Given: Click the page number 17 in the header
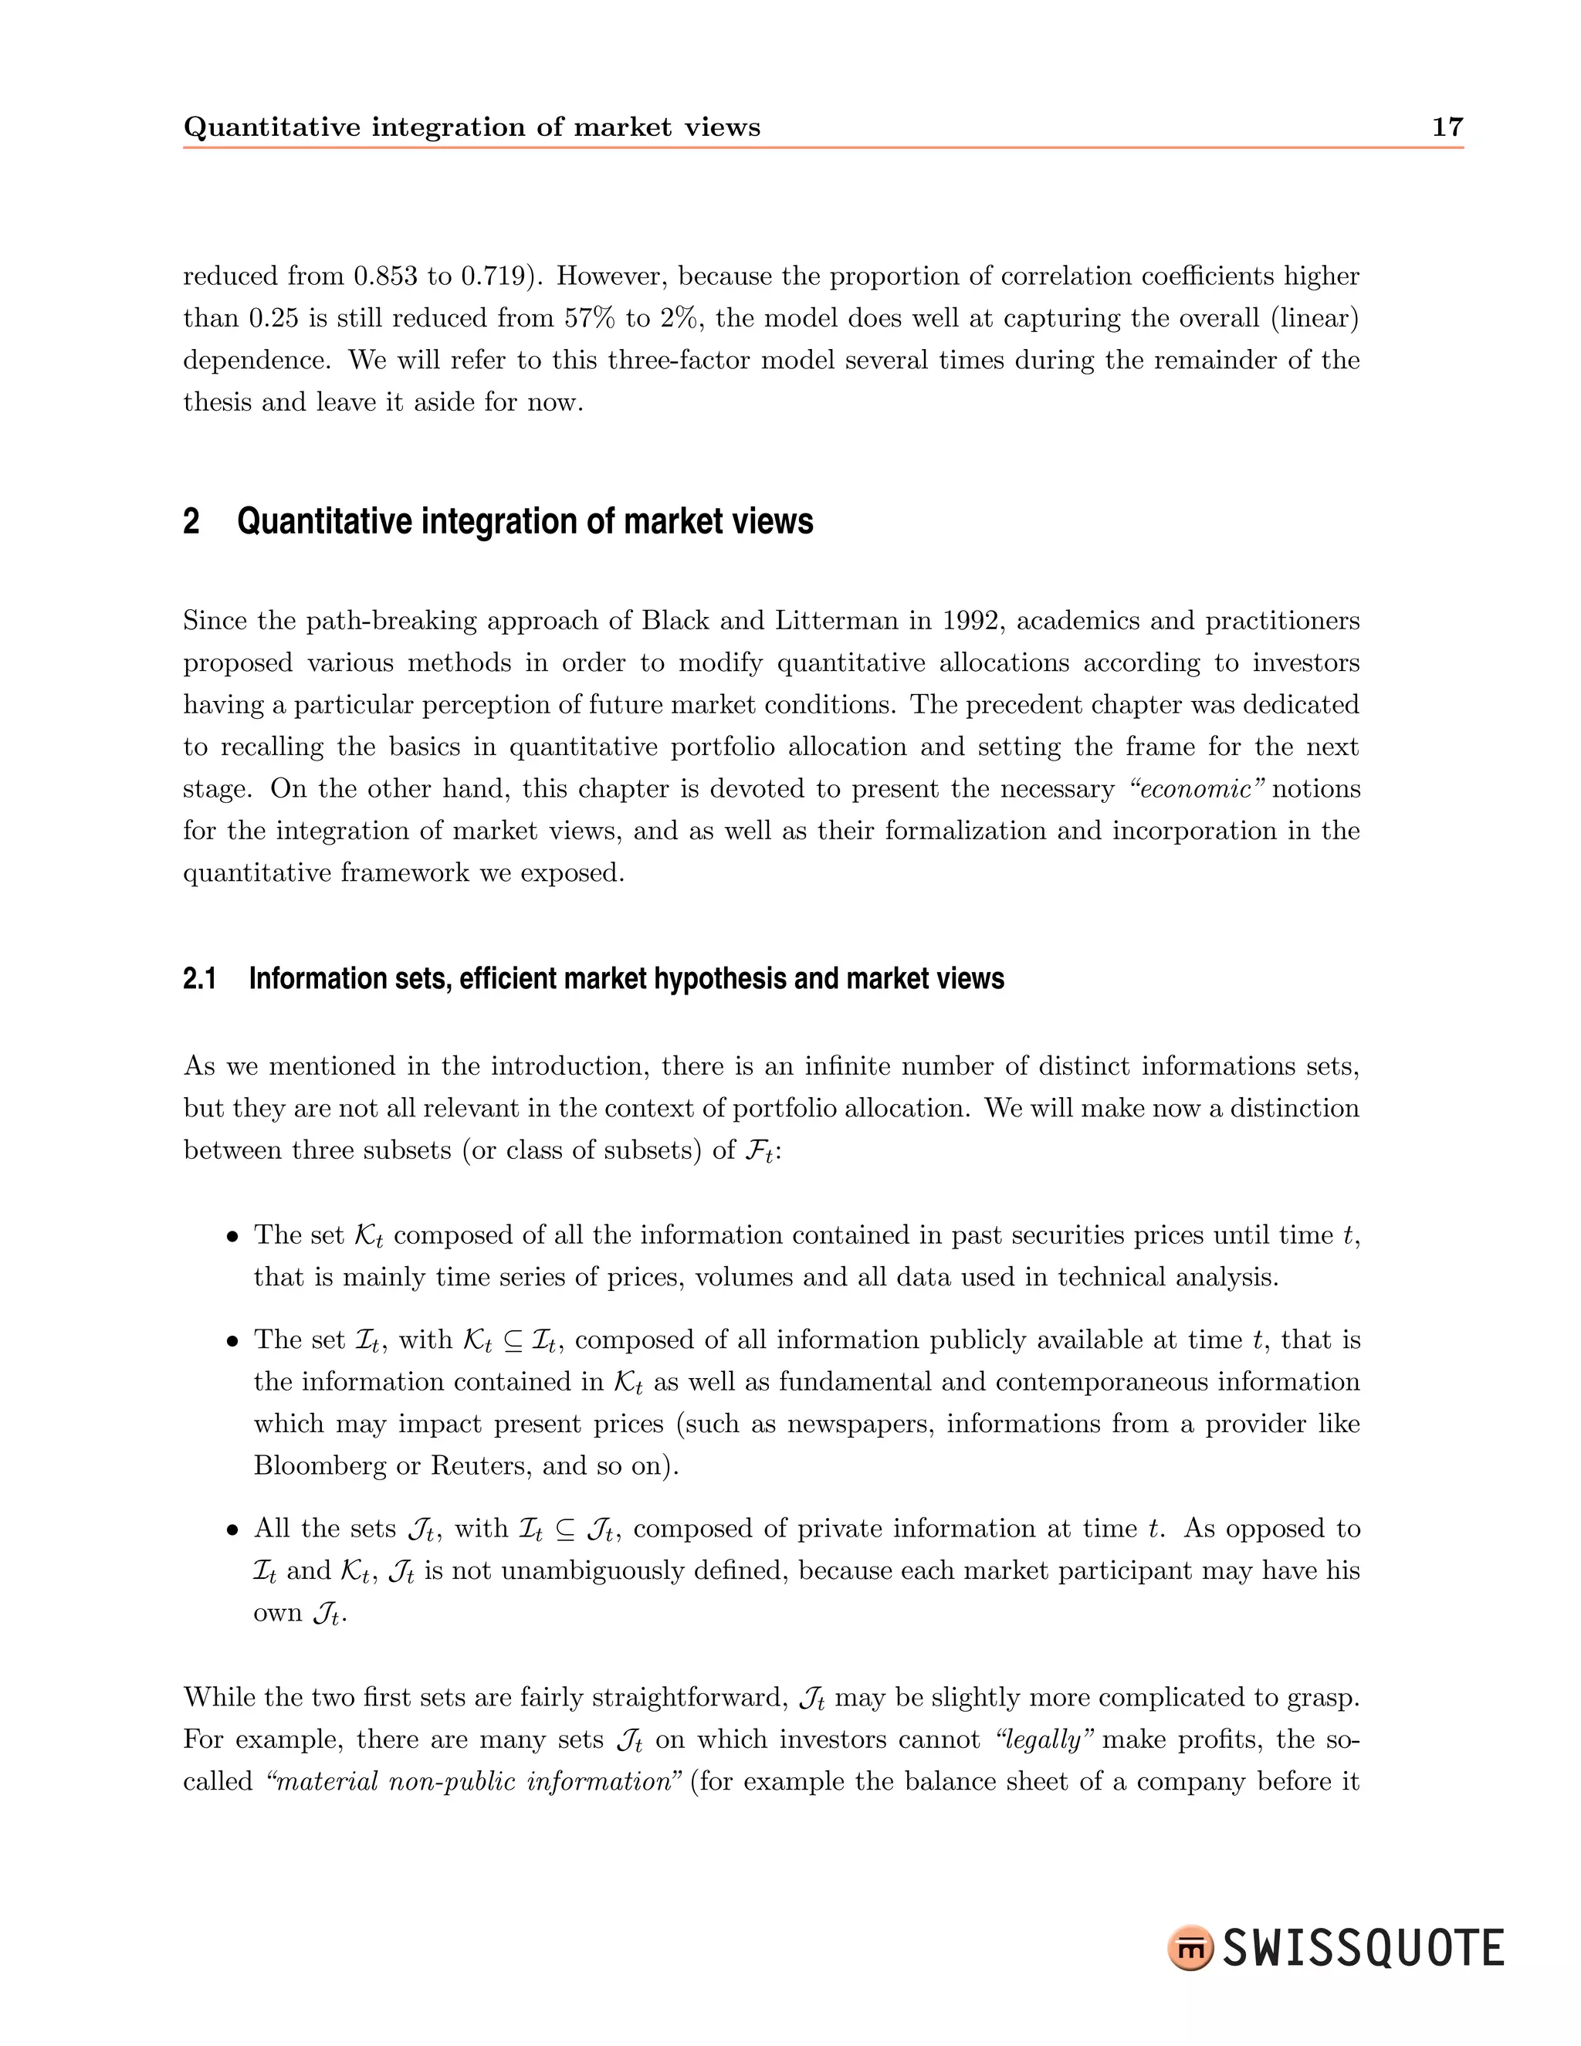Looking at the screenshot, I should pyautogui.click(x=1447, y=127).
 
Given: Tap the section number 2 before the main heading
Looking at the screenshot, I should pyautogui.click(x=191, y=521).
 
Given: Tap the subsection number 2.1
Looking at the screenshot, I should pyautogui.click(x=199, y=979).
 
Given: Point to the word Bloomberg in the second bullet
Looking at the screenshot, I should pyautogui.click(x=320, y=1465).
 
